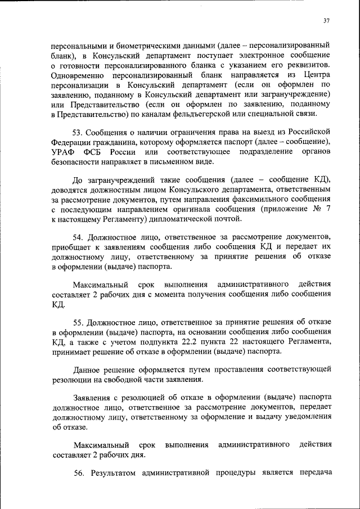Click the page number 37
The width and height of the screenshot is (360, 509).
tap(326, 21)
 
